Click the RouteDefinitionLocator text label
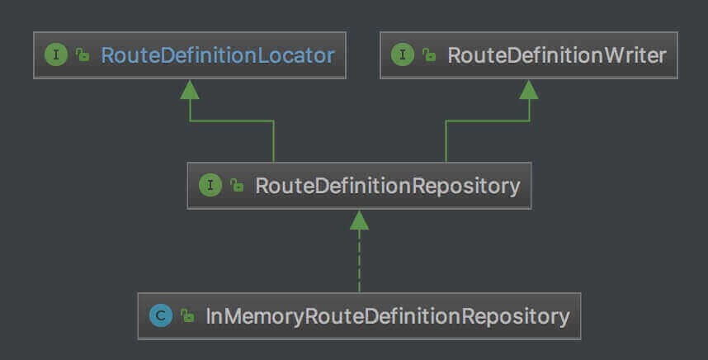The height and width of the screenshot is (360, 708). [217, 55]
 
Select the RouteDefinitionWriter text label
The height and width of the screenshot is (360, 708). [556, 55]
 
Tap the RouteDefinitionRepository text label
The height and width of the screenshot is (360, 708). [387, 185]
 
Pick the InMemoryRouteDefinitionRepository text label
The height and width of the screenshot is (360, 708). [387, 315]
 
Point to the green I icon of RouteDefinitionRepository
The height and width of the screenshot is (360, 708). [210, 185]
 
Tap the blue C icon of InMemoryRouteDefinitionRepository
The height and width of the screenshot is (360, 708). [161, 315]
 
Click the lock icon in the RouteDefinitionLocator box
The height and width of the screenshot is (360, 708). [82, 56]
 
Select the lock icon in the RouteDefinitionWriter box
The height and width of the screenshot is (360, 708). [428, 56]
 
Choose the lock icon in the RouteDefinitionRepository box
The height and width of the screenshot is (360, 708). [236, 186]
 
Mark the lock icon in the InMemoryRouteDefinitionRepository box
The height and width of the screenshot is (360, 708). [187, 316]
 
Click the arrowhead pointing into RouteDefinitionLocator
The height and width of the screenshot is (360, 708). [190, 89]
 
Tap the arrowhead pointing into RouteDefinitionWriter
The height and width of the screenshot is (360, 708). [529, 89]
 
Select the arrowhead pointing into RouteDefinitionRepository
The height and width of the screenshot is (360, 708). [359, 219]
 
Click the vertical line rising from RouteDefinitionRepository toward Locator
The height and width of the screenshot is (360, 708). [273, 142]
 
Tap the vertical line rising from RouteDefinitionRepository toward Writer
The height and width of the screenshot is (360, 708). [446, 142]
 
